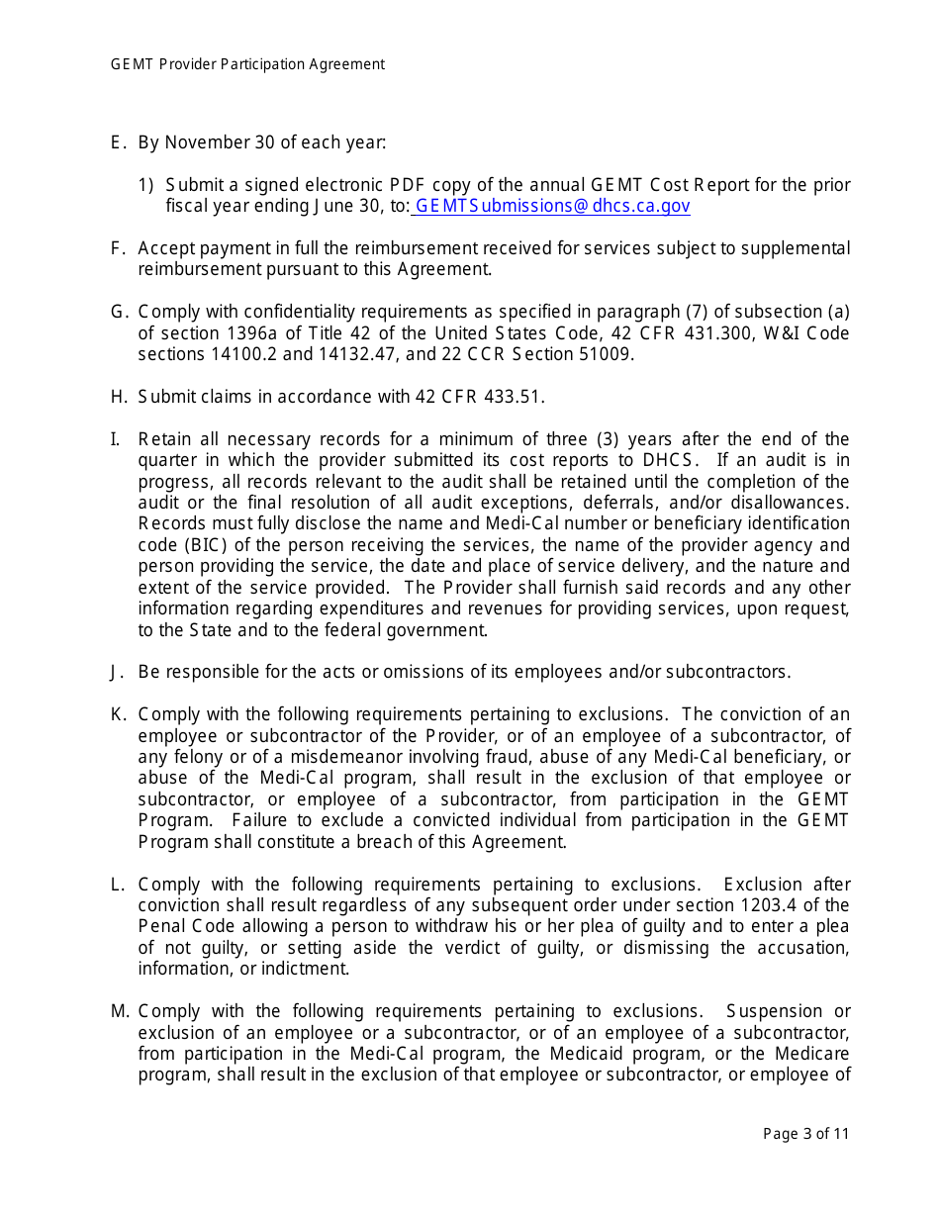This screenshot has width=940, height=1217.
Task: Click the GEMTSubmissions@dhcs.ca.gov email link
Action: click(551, 206)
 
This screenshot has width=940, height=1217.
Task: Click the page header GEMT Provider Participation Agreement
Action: click(247, 64)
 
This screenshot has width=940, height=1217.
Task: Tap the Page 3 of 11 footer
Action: click(805, 1134)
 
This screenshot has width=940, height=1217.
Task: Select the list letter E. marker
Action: click(118, 142)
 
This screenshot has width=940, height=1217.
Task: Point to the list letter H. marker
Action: click(119, 397)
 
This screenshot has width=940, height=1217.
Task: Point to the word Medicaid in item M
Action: click(586, 1053)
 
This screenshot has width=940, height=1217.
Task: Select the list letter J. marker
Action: click(118, 672)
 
